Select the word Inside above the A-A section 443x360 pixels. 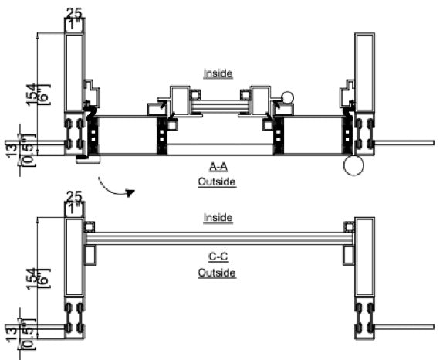[x=218, y=74]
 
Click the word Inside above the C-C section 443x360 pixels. [x=218, y=219]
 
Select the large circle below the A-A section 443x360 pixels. [x=355, y=165]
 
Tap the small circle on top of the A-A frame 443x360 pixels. [x=287, y=98]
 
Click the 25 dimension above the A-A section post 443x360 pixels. [x=74, y=13]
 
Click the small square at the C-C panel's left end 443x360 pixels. [x=90, y=227]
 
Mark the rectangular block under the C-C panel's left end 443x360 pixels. [x=90, y=254]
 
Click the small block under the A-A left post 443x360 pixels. [x=88, y=159]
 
